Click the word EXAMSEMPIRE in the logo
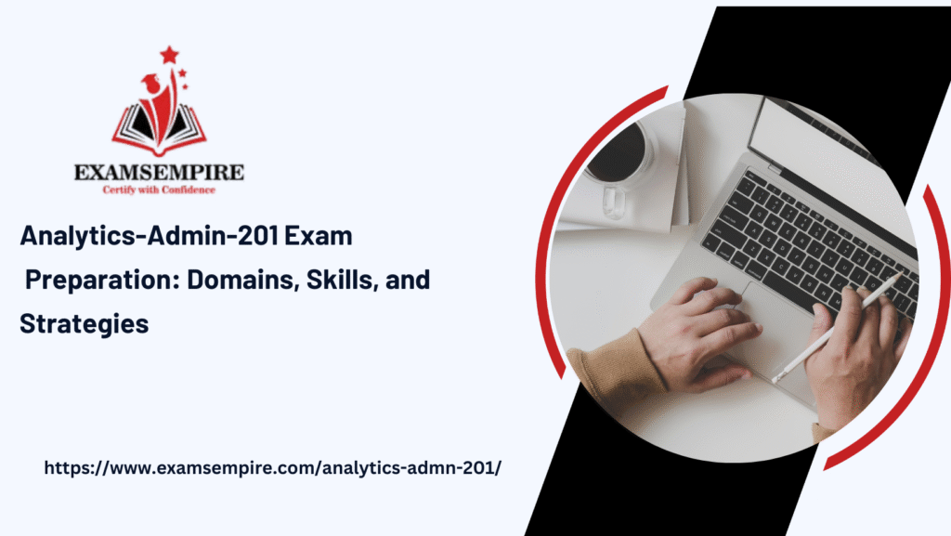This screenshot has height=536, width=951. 159,173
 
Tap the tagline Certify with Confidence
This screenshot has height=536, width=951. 159,190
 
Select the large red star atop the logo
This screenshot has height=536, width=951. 169,55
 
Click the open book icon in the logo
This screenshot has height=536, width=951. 159,128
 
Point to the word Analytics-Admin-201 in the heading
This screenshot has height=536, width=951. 150,236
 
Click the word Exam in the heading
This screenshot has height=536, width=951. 319,236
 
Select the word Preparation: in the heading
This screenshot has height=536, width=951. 102,281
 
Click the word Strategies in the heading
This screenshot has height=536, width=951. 84,324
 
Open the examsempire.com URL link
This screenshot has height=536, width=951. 272,468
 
